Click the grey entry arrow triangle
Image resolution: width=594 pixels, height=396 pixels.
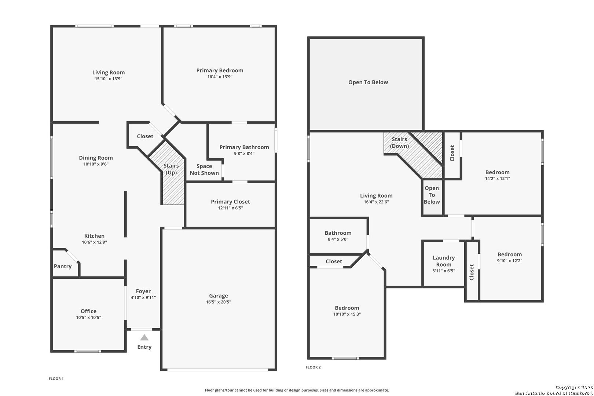[144, 337]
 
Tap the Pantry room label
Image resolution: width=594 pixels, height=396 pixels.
[63, 266]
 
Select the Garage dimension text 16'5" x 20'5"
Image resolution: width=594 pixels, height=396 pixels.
[219, 302]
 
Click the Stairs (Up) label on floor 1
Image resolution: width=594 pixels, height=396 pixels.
[171, 169]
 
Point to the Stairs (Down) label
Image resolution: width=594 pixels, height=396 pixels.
[399, 142]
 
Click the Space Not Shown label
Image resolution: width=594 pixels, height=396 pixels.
[204, 169]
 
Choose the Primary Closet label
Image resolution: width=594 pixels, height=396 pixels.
[230, 202]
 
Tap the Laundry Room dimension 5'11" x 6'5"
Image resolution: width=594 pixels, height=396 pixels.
[444, 271]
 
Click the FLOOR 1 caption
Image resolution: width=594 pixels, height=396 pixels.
[56, 379]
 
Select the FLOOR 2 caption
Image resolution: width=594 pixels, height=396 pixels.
[313, 367]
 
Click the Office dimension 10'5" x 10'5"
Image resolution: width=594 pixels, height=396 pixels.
[89, 318]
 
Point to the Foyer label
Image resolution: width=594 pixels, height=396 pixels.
[143, 291]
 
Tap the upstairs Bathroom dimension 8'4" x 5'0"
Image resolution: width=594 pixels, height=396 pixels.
[338, 239]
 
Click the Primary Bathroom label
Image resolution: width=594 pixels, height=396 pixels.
[244, 147]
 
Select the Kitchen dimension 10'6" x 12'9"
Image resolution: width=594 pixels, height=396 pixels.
[94, 242]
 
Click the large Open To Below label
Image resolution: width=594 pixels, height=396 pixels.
[368, 82]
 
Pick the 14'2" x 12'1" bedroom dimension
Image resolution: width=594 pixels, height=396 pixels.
[498, 179]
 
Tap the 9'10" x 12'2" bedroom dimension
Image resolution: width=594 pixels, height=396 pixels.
[510, 261]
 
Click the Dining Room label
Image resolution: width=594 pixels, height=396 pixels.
[96, 158]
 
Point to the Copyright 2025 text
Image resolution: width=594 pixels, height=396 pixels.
[574, 388]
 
